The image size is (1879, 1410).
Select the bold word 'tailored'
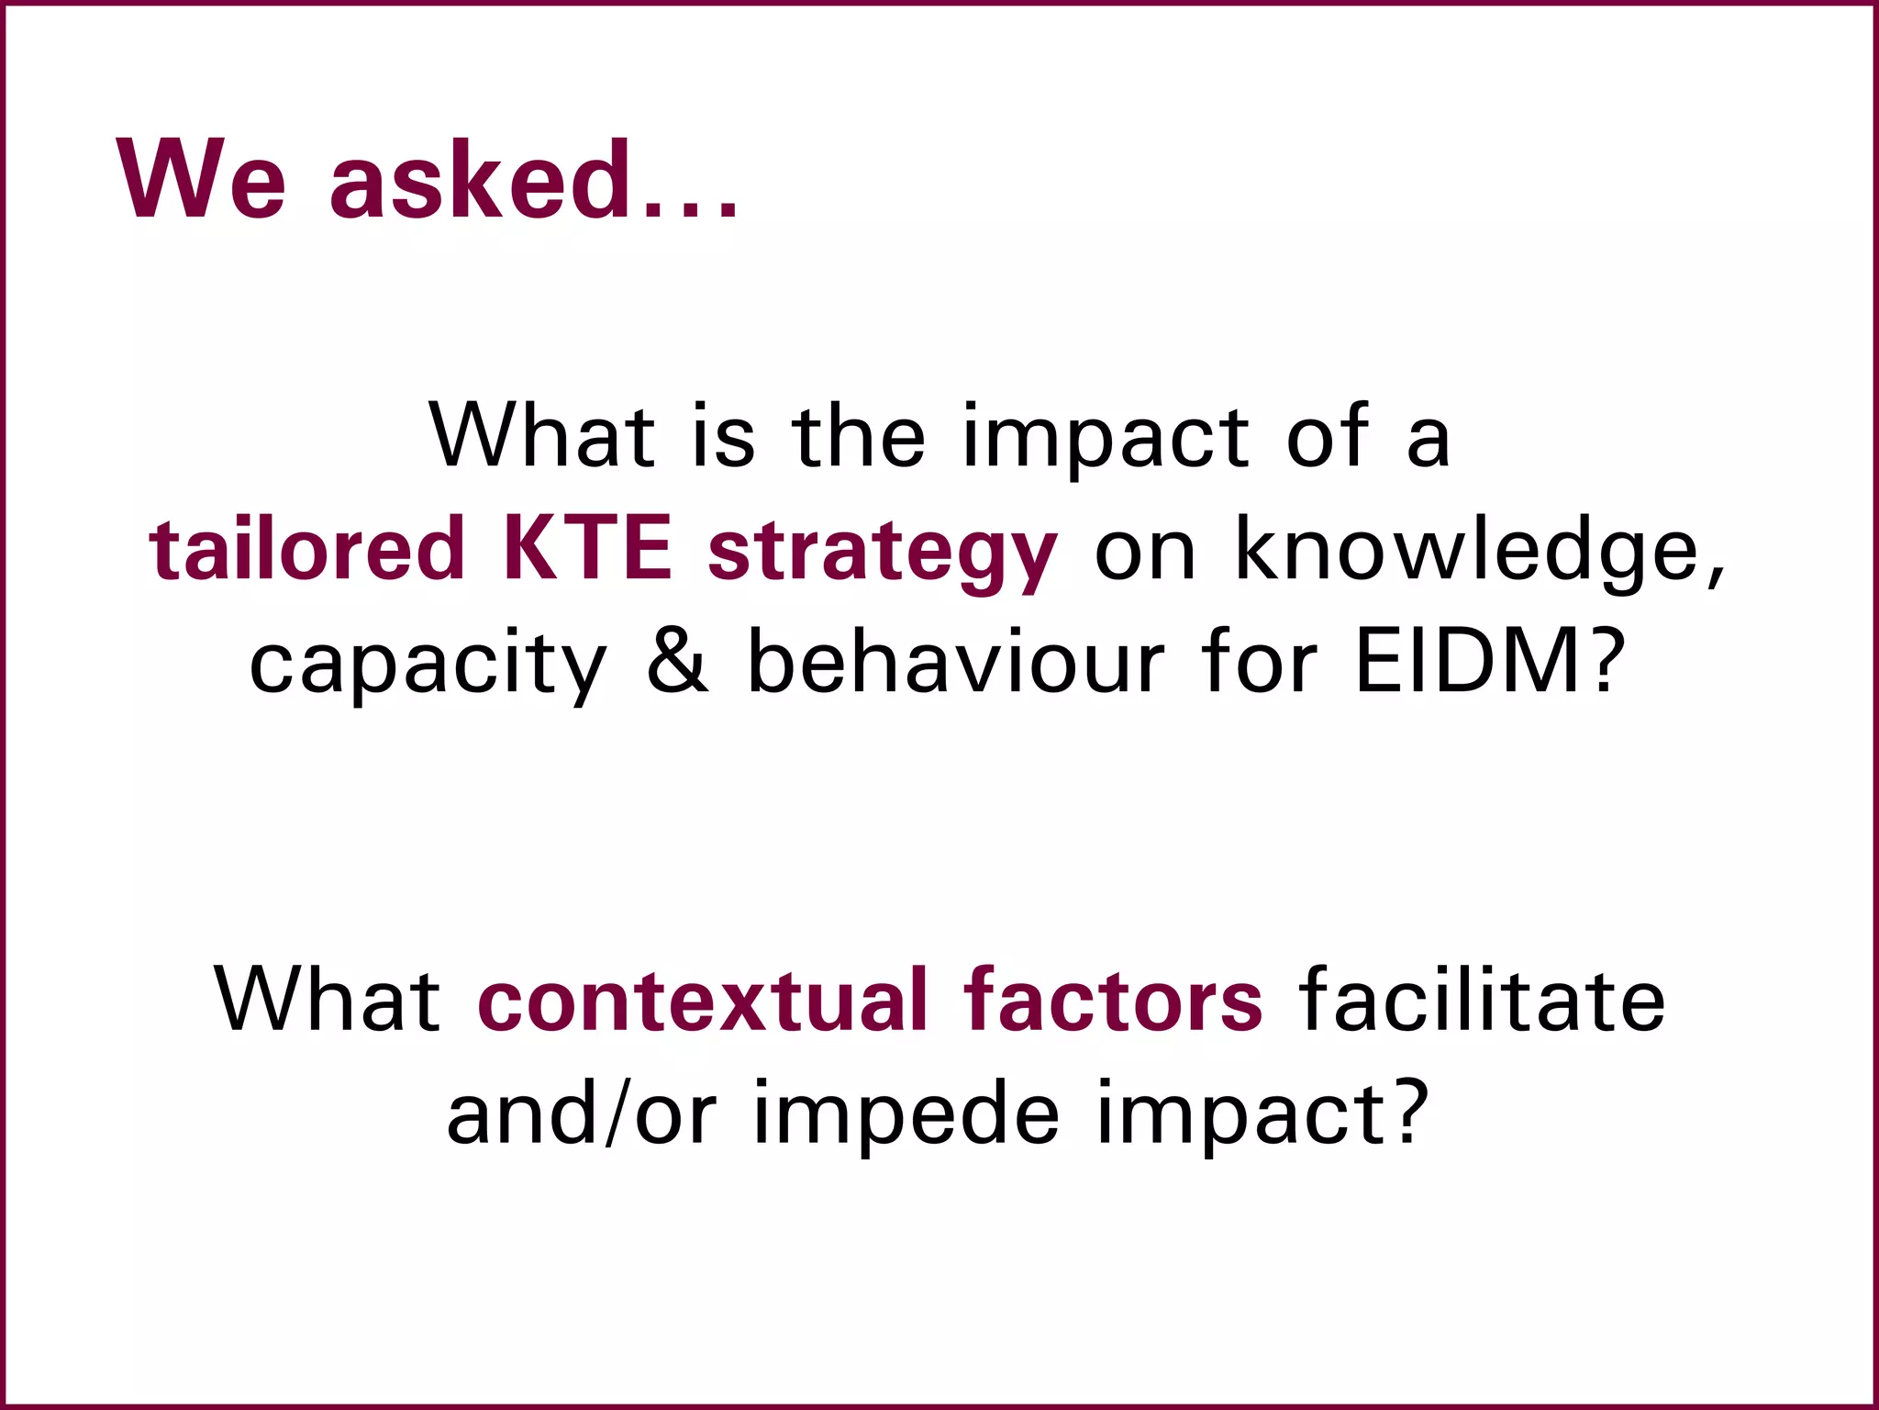[307, 549]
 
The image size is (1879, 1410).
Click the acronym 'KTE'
[587, 549]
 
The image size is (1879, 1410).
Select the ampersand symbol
[678, 661]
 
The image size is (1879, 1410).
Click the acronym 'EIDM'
[1467, 661]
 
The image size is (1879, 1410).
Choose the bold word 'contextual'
[702, 1001]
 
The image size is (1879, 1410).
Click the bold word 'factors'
[1113, 1001]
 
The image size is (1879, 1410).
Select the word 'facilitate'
[1482, 1001]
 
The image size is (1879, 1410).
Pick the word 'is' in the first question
[723, 437]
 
